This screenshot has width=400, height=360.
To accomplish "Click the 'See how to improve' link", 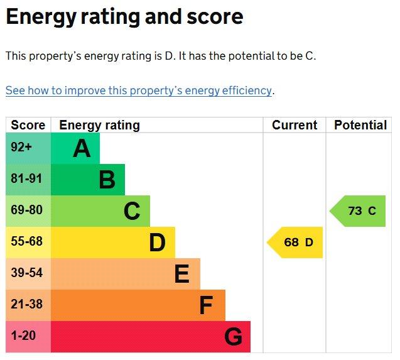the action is click(x=139, y=91).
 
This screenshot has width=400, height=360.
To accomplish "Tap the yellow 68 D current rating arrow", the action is click(x=295, y=243).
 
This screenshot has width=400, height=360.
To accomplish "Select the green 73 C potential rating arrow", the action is click(x=357, y=211).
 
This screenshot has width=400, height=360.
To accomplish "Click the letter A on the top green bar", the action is click(x=82, y=148).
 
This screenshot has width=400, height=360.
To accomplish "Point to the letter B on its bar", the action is click(x=107, y=180).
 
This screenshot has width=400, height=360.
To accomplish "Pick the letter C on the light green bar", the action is click(x=132, y=211).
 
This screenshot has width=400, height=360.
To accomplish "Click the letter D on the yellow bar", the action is click(x=157, y=243).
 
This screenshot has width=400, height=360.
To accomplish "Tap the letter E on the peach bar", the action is click(x=182, y=274).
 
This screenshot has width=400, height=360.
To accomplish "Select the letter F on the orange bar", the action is click(x=206, y=305).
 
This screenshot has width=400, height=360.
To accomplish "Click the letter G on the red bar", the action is click(x=233, y=337).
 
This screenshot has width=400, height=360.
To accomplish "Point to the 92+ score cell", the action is click(x=21, y=147).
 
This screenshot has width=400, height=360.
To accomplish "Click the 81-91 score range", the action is click(x=26, y=178).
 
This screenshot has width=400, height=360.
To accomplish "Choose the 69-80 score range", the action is click(x=26, y=210).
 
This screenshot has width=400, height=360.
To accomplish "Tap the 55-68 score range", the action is click(x=26, y=241).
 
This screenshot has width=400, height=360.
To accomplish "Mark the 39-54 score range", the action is click(x=26, y=273).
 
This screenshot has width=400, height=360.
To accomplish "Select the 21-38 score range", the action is click(x=26, y=304).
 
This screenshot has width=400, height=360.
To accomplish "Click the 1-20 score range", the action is click(x=23, y=335).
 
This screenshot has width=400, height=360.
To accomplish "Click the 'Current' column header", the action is click(x=295, y=125).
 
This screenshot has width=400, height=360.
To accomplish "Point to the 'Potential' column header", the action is click(x=360, y=125).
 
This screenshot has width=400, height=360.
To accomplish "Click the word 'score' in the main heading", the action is click(x=215, y=17).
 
